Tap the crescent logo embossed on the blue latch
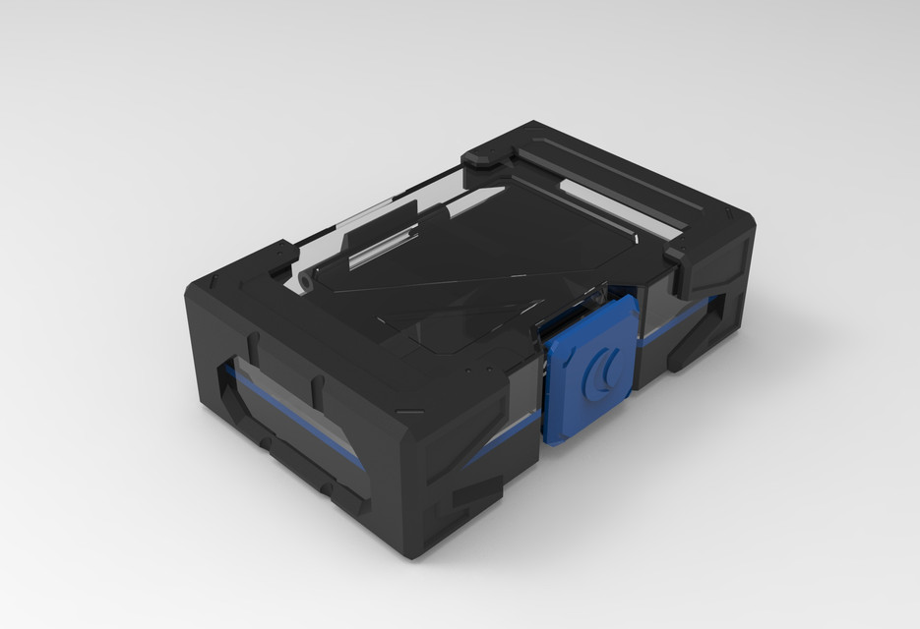tap(600, 371)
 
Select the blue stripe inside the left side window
tap(285, 413)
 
